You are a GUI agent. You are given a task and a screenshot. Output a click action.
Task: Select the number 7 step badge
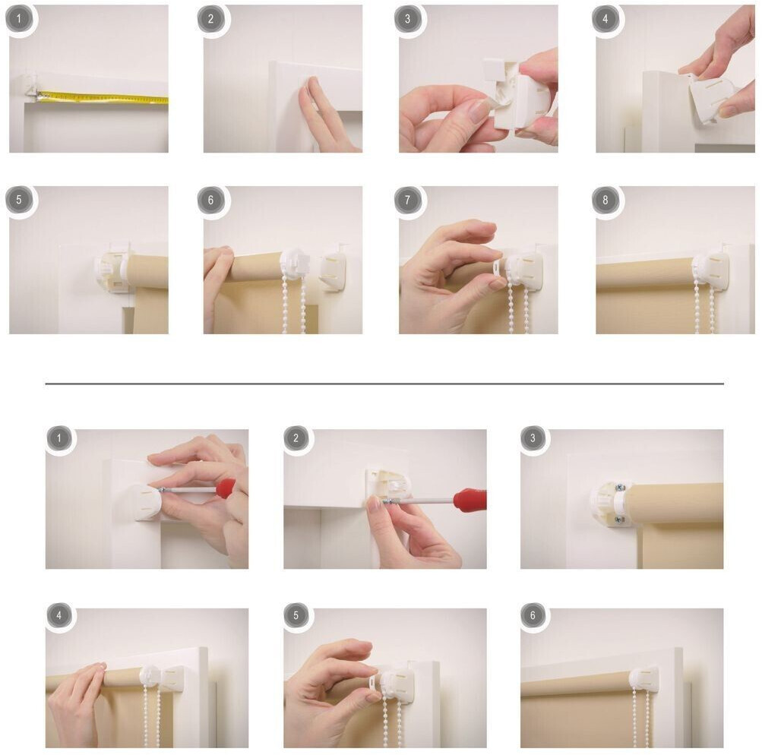click(408, 199)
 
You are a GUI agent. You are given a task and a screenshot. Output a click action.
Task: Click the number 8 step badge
click(605, 199)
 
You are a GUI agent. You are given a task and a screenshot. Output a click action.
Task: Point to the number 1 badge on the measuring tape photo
click(20, 18)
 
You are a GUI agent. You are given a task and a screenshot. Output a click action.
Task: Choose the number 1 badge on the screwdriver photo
click(59, 438)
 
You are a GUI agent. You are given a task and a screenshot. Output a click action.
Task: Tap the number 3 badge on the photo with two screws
click(533, 438)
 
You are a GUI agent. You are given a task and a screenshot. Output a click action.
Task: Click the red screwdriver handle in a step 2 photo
click(470, 500)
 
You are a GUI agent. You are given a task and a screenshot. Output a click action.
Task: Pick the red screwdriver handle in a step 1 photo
click(226, 488)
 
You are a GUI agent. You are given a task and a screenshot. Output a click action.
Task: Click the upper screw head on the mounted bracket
click(620, 488)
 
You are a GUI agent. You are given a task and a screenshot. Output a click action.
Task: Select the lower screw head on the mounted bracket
click(618, 520)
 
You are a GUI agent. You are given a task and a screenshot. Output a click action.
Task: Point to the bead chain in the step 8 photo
click(705, 305)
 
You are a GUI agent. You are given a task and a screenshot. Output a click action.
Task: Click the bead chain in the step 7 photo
click(518, 307)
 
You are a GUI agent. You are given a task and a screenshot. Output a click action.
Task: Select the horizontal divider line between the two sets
click(384, 384)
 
